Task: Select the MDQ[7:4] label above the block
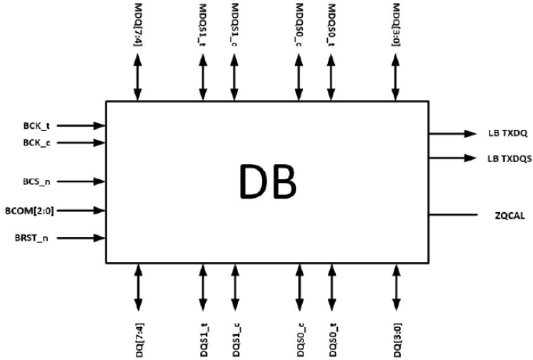137,25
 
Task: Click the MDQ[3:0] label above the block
395,25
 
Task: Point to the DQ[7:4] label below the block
137,336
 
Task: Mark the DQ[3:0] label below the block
395,336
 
